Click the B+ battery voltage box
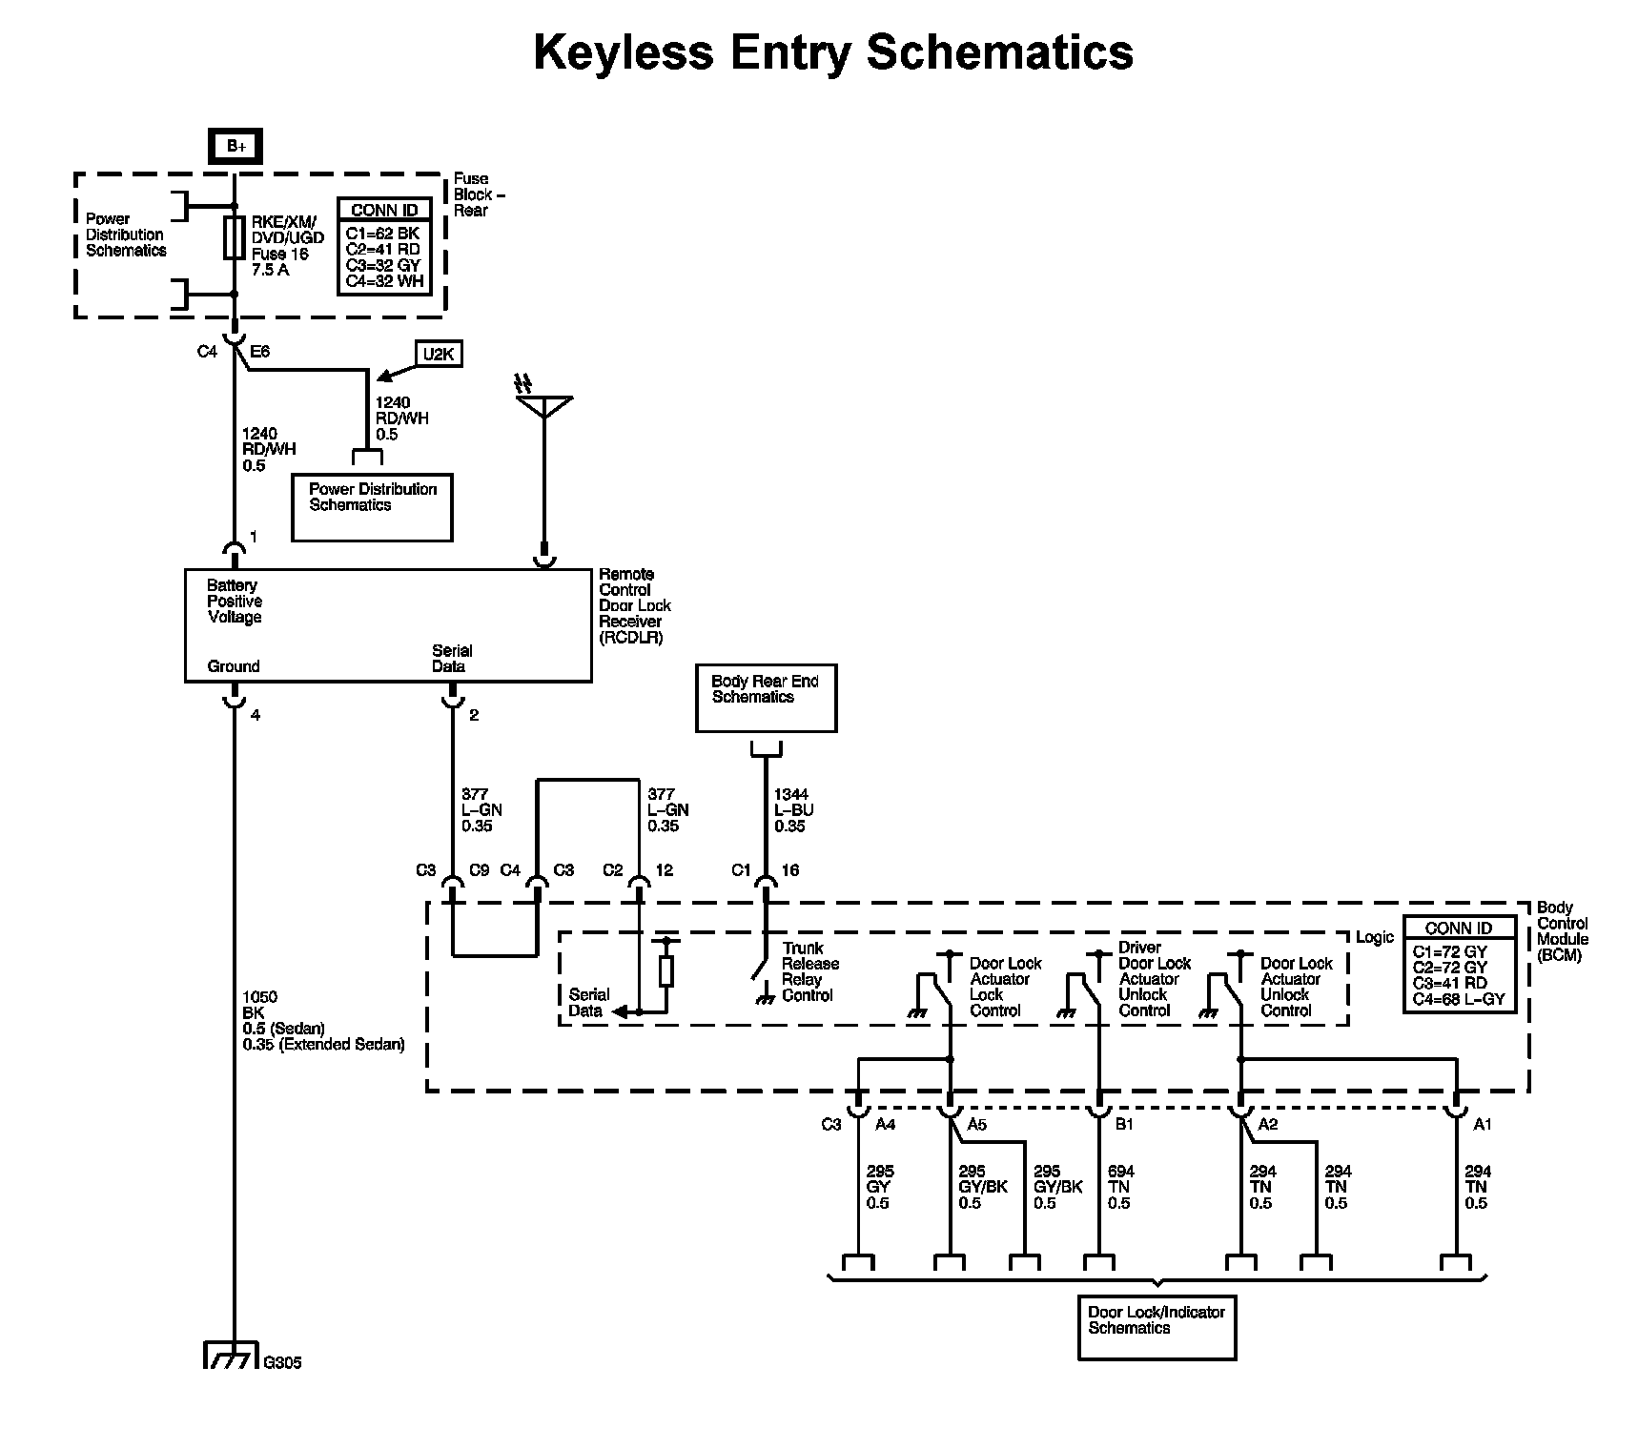click(x=235, y=146)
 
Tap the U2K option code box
click(x=438, y=355)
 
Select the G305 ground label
click(x=282, y=1363)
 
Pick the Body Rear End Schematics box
click(x=766, y=699)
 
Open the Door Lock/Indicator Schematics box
click(x=1156, y=1327)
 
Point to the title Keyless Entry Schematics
click(x=832, y=52)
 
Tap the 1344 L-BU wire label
click(x=791, y=810)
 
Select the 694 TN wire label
click(x=1120, y=1187)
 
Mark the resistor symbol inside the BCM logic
click(x=666, y=971)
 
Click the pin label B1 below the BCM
click(x=1124, y=1125)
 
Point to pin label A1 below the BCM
click(x=1482, y=1125)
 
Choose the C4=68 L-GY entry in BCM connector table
click(x=1459, y=999)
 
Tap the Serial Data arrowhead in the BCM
click(x=619, y=1011)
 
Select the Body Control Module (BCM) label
click(x=1562, y=930)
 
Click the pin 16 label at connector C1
click(x=789, y=870)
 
